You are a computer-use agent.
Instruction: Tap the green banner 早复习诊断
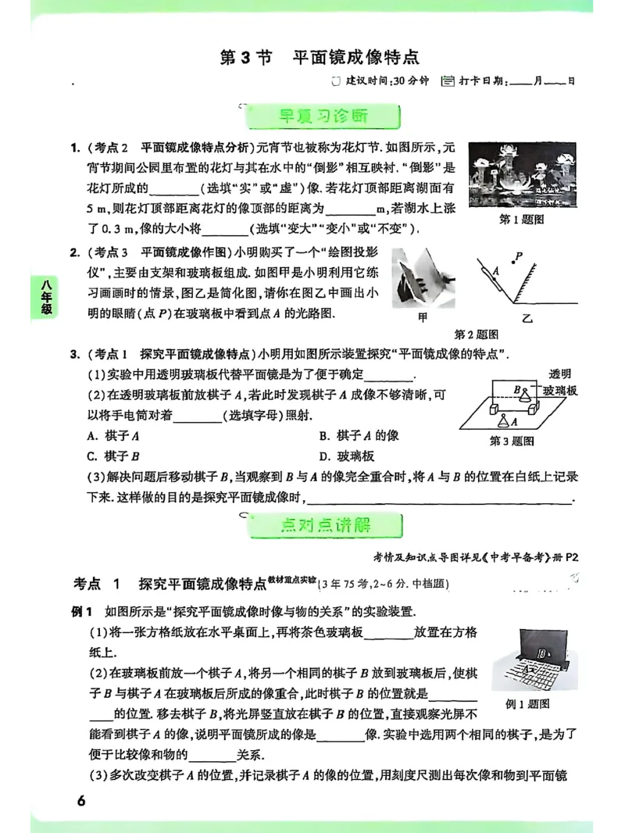tap(323, 117)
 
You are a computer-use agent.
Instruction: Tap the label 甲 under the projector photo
tap(423, 318)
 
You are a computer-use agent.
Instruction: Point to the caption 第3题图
tap(512, 441)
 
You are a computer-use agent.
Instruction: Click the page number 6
tap(80, 801)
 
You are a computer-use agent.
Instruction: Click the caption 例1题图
tap(528, 704)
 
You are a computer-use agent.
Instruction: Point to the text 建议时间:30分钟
tap(377, 80)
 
